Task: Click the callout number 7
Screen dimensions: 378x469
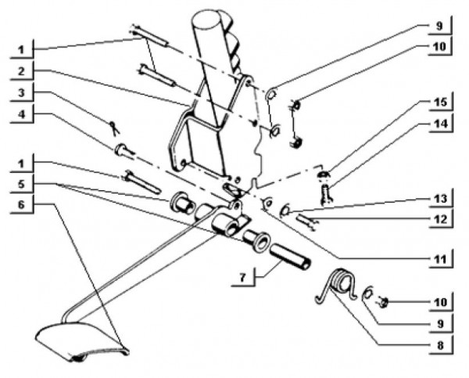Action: (x=242, y=277)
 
